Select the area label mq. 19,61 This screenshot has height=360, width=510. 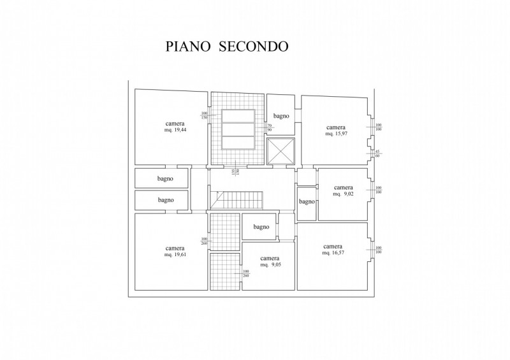point(175,255)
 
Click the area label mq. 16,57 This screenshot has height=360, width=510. point(333,253)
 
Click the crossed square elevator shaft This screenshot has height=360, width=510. point(281,152)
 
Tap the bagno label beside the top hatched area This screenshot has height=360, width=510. point(281,116)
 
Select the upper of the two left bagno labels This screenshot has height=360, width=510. point(166,179)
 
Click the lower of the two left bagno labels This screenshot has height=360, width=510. point(166,200)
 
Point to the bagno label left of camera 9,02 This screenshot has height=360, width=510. point(307,202)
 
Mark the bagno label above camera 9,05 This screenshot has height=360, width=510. point(261,227)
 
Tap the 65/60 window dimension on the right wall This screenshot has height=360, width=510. point(378,153)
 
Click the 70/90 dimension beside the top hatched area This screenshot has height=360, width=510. point(269,128)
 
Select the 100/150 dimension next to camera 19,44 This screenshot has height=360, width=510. point(205,115)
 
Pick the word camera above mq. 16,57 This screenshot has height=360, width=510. point(333,246)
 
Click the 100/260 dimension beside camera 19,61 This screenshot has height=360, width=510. point(205,241)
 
